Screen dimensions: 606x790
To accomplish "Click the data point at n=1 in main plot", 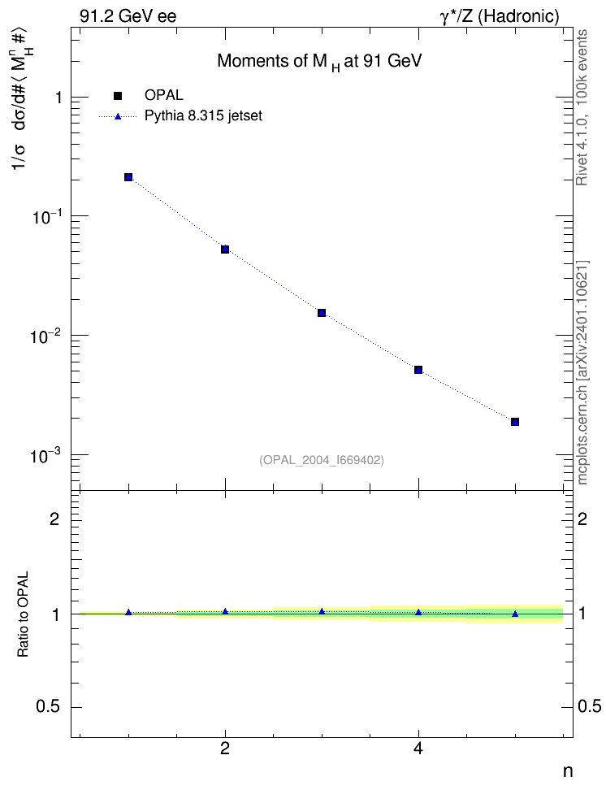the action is tap(128, 177).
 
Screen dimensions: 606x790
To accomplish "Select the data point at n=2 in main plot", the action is tap(225, 249).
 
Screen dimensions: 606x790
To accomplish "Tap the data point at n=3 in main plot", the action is tap(322, 313).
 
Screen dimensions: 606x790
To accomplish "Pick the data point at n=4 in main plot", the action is tap(418, 370).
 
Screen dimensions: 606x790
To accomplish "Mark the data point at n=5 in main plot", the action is tap(515, 422).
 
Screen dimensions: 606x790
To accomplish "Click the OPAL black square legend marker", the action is tap(118, 95).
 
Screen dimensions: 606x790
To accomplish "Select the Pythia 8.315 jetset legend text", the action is tap(204, 116).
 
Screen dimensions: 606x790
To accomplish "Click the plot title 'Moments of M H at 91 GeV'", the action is tap(319, 62).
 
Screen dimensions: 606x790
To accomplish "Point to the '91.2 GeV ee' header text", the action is tap(128, 16).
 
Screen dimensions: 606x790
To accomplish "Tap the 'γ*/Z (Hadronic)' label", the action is tap(500, 16).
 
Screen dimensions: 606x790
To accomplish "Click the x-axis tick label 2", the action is tap(225, 749).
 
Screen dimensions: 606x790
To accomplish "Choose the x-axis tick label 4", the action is tap(418, 749).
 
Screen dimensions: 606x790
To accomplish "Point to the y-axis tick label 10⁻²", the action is tap(45, 335).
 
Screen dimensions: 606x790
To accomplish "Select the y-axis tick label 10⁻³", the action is tap(45, 454).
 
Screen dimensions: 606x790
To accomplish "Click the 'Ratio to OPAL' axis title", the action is tap(23, 614).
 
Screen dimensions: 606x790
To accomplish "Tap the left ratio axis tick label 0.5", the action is tap(49, 707).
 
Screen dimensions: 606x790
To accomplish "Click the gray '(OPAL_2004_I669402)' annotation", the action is tap(322, 461).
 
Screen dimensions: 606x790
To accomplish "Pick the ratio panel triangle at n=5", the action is tap(515, 614).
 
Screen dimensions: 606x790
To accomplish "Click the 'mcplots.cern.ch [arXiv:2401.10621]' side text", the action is tap(582, 373).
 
